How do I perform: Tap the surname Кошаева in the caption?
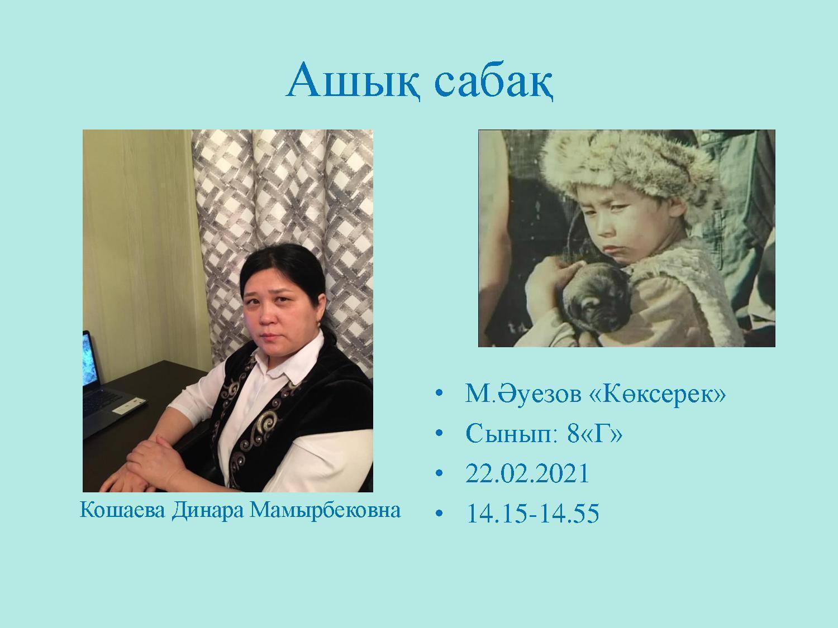[x=122, y=510]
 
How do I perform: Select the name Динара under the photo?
[x=207, y=511]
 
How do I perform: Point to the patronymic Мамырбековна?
[x=325, y=510]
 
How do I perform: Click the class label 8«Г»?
[x=595, y=433]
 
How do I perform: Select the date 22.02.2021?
[x=527, y=473]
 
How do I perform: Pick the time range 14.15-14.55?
[x=532, y=513]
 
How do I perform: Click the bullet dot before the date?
[x=440, y=473]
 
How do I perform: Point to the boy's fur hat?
[x=630, y=168]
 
